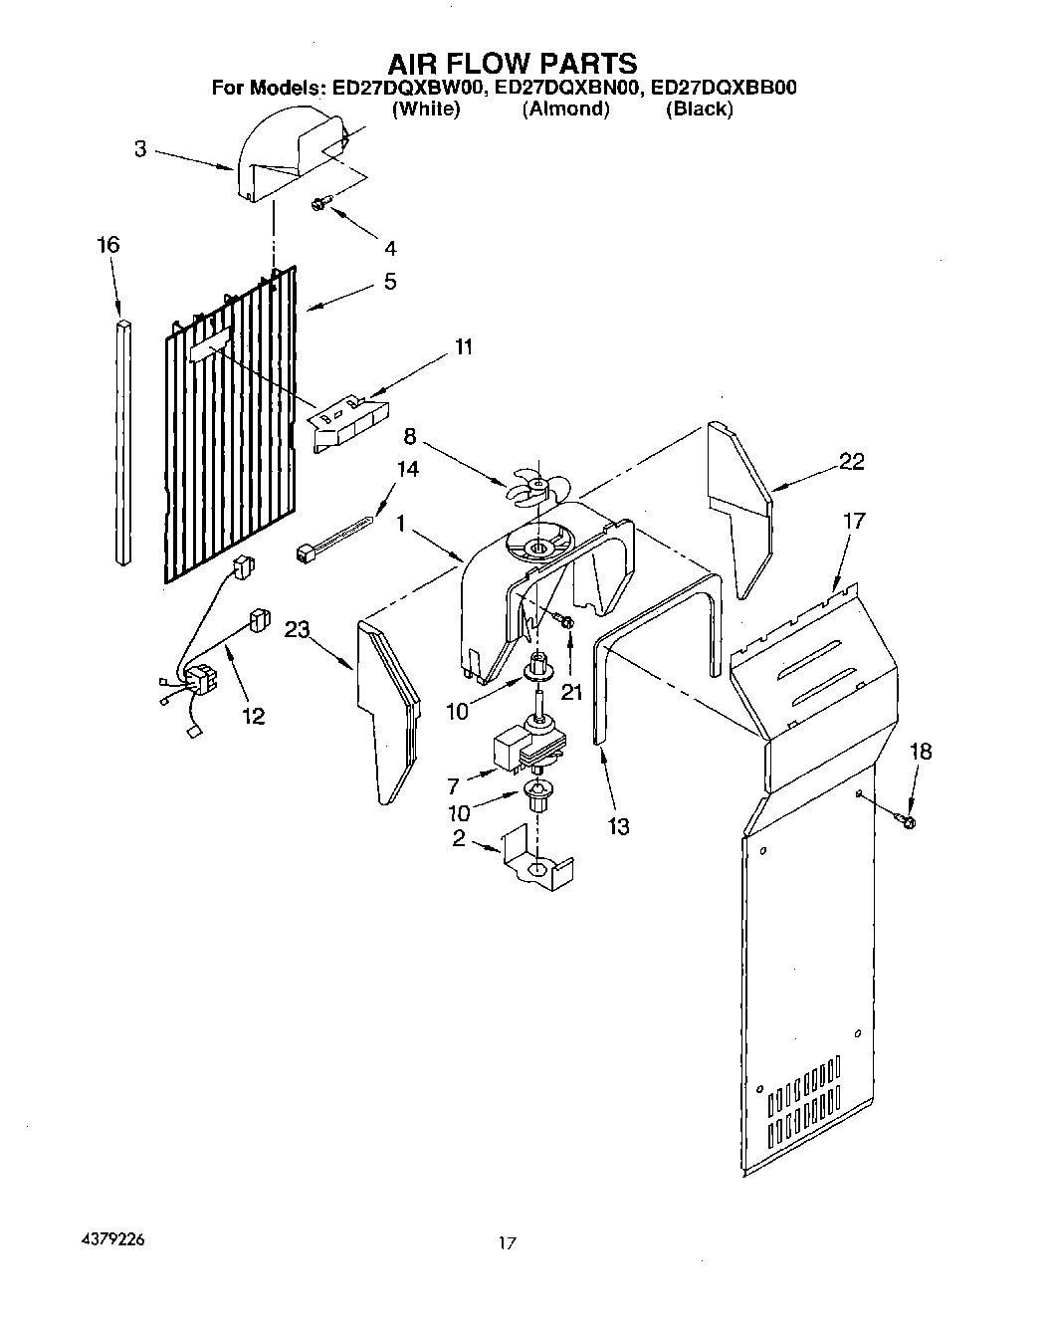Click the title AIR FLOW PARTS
tap(512, 64)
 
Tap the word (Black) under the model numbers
tap(699, 110)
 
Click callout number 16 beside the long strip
tap(108, 245)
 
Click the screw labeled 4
tap(319, 203)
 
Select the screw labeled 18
tap(908, 820)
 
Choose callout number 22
tap(851, 461)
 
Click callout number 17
tap(853, 521)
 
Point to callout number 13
tap(618, 825)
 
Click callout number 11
tap(464, 346)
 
